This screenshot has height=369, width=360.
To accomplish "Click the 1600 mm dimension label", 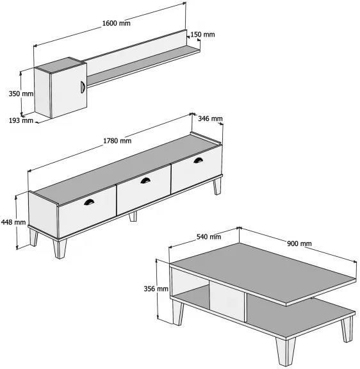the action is tap(116, 23).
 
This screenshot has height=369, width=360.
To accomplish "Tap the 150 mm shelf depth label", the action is tap(202, 35).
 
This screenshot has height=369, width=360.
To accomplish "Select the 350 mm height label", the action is tap(21, 94).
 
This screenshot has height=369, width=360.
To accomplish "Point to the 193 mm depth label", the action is tap(21, 120).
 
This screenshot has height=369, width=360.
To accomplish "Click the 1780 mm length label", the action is tap(117, 141).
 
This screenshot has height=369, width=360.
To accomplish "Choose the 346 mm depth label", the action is tap(210, 119).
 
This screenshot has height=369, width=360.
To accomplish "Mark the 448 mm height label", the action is tap(13, 222).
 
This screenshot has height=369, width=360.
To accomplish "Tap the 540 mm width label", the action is tap(209, 236).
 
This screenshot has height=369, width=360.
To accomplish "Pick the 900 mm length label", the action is tap(299, 243).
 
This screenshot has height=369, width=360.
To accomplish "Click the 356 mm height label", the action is tap(156, 288).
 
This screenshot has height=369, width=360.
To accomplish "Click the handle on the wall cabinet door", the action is tap(83, 87).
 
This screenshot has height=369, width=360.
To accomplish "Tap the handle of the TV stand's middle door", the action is tap(145, 180).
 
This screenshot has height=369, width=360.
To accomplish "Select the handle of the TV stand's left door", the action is tap(89, 202).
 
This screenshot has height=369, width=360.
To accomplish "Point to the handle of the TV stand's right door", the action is tap(198, 160).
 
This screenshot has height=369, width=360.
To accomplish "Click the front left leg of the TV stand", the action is tap(60, 249).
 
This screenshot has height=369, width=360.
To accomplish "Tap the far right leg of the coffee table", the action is tap(348, 329).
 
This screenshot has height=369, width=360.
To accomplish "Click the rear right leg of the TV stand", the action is tap(217, 186).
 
